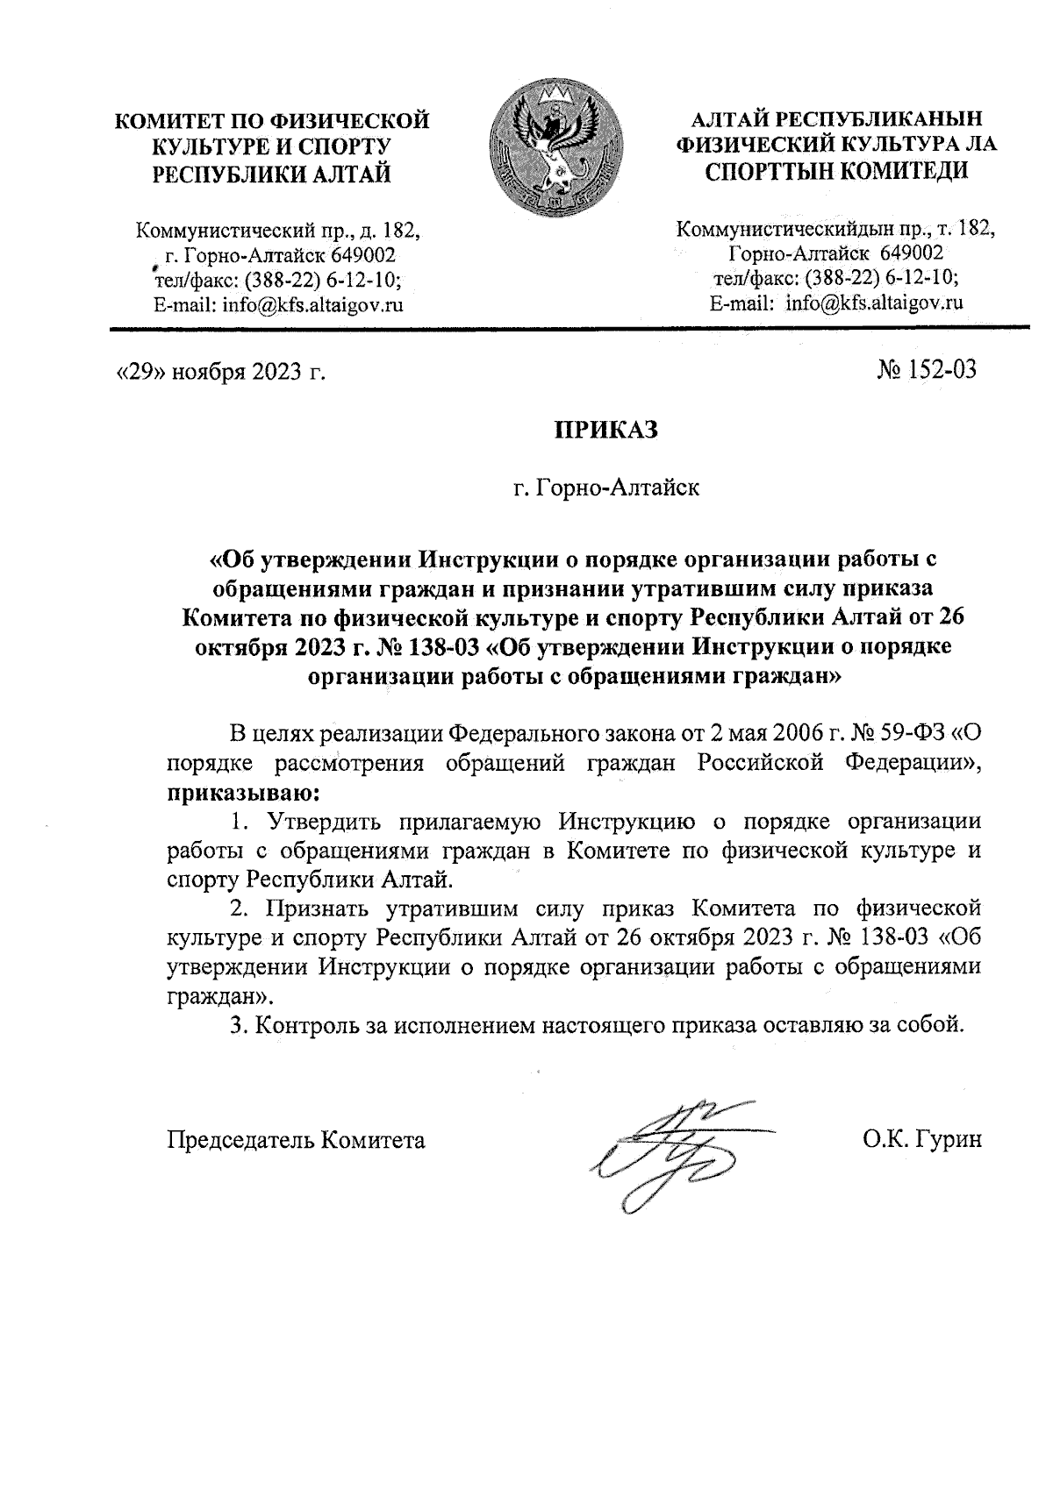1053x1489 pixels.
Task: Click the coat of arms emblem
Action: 555,149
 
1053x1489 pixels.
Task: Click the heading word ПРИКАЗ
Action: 604,431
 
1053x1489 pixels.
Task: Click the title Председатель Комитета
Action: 297,1140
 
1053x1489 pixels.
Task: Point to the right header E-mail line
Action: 835,303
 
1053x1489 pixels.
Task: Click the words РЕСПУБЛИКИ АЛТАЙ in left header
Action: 272,172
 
